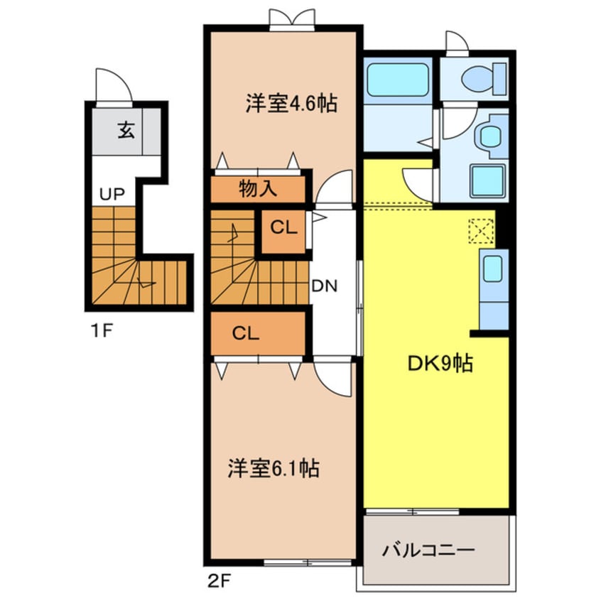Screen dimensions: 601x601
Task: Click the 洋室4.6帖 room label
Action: point(291,104)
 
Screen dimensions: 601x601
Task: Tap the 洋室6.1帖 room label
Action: point(273,468)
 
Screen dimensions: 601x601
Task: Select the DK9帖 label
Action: point(440,364)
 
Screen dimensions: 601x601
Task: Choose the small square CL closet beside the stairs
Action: point(283,229)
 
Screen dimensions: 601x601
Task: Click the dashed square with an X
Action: point(480,230)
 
